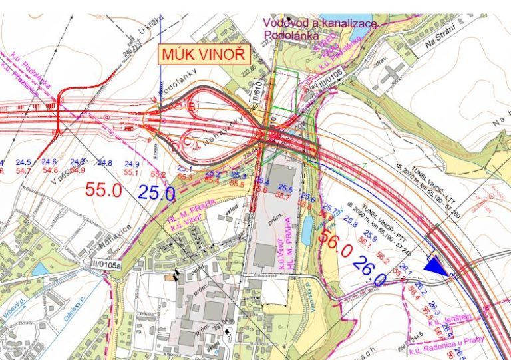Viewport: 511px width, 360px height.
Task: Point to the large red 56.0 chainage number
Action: coord(335,244)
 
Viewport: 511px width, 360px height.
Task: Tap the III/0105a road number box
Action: coord(102,264)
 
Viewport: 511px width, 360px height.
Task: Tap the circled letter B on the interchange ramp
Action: coord(192,106)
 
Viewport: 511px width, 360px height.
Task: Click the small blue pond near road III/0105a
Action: coord(40,269)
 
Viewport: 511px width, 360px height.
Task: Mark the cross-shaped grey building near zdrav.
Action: coord(393,72)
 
